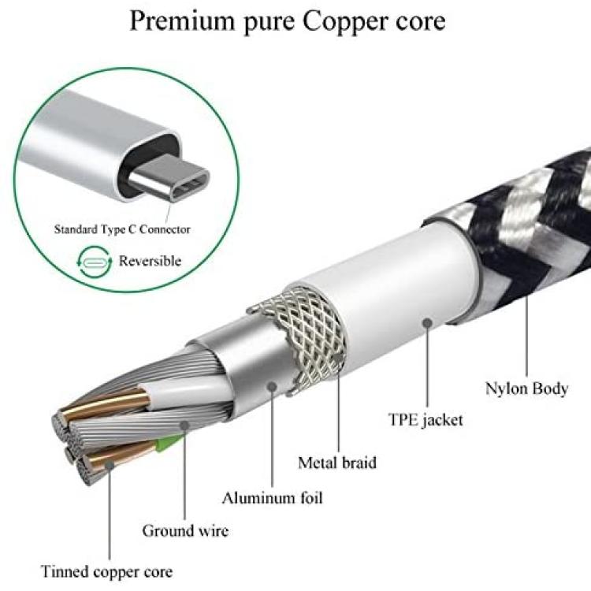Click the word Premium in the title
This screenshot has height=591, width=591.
[x=182, y=21]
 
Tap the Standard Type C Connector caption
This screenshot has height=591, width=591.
[x=122, y=229]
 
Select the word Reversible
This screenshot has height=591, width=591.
[x=150, y=261]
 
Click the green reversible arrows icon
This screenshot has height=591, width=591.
[x=95, y=261]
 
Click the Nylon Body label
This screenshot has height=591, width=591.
[x=526, y=388]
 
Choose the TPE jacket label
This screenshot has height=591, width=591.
[x=426, y=420]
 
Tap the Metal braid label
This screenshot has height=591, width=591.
[x=337, y=463]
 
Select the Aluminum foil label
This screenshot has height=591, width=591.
[x=272, y=498]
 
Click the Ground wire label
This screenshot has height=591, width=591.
[x=185, y=531]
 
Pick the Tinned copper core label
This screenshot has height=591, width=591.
[x=106, y=572]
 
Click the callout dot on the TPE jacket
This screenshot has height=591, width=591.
[x=427, y=323]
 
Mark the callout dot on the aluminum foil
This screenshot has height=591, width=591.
[x=272, y=386]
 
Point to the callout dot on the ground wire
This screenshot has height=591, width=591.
[x=184, y=426]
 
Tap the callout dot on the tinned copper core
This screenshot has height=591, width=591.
[x=110, y=465]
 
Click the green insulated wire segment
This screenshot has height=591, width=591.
[x=168, y=443]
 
